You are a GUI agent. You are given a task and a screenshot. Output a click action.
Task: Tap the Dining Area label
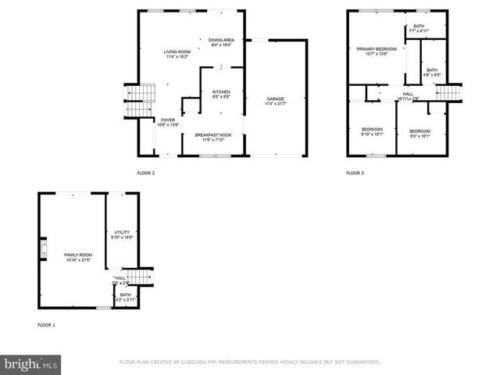pyautogui.click(x=222, y=42)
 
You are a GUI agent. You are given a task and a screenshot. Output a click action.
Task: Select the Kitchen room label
pyautogui.click(x=221, y=95)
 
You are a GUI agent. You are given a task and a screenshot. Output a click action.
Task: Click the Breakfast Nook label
pyautogui.click(x=212, y=137)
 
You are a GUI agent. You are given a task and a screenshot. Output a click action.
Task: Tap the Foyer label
pyautogui.click(x=169, y=122)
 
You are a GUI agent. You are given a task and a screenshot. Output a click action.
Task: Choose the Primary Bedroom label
pyautogui.click(x=377, y=52)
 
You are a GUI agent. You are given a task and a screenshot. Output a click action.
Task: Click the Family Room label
pyautogui.click(x=78, y=257)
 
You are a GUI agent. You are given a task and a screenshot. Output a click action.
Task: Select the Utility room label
pyautogui.click(x=121, y=234)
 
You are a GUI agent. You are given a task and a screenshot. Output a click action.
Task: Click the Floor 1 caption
pyautogui.click(x=46, y=324)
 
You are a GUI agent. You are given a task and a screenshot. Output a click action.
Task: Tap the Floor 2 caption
pyautogui.click(x=146, y=173)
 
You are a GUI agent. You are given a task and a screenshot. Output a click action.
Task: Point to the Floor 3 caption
pyautogui.click(x=355, y=173)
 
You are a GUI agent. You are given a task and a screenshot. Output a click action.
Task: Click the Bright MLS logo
pyautogui.click(x=31, y=363)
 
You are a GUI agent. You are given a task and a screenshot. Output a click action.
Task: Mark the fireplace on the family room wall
pyautogui.click(x=44, y=251)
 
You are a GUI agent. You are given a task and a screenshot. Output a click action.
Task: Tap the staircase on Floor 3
pyautogui.click(x=448, y=93)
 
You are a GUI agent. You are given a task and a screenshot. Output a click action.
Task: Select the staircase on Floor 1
pyautogui.click(x=140, y=279)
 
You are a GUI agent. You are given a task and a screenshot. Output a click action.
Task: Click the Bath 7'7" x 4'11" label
pyautogui.click(x=420, y=29)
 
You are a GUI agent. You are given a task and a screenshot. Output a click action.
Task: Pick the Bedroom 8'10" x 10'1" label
pyautogui.click(x=372, y=131)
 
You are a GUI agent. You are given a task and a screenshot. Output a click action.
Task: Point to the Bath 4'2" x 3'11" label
pyautogui.click(x=125, y=297)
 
